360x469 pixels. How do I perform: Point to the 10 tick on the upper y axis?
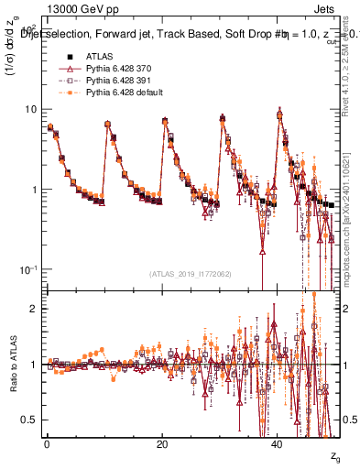tap(32, 109)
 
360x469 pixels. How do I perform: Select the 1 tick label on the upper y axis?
tap(35, 190)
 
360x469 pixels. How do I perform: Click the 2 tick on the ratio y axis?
tap(35, 309)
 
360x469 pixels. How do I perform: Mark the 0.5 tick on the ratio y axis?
tap(30, 420)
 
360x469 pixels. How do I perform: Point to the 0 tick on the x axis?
tap(47, 443)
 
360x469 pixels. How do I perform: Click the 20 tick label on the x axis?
tap(163, 443)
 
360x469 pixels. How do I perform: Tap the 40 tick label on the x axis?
tap(278, 443)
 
